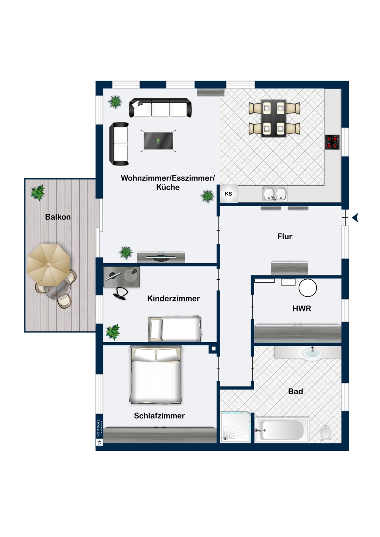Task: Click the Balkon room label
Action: click(58, 217)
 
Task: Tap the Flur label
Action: click(285, 236)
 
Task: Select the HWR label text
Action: click(302, 309)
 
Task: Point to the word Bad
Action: click(295, 392)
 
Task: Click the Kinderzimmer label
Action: click(174, 299)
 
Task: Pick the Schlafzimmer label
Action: click(160, 416)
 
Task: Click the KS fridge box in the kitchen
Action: click(228, 194)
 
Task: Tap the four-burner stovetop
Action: click(332, 142)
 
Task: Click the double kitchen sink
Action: click(275, 194)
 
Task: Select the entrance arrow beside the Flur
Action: click(356, 218)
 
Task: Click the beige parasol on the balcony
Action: click(48, 265)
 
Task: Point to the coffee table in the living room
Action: click(158, 141)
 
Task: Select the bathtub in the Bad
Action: click(281, 430)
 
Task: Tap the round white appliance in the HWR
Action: click(308, 288)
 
